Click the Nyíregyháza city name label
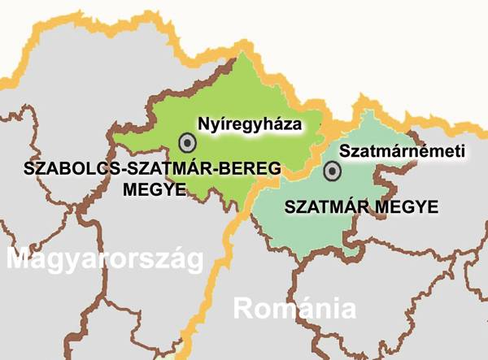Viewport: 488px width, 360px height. click(250, 124)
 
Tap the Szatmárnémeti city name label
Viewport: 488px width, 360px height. click(401, 151)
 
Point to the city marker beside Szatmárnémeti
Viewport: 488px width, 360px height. click(332, 171)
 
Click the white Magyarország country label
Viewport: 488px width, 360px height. click(103, 262)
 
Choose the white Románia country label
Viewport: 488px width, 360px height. click(295, 309)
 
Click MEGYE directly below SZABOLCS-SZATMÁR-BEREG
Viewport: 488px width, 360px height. click(150, 190)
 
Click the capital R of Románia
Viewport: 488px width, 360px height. click(244, 309)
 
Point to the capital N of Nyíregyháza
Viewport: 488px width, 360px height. click(204, 124)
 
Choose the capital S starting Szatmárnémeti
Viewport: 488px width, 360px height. click(344, 151)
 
